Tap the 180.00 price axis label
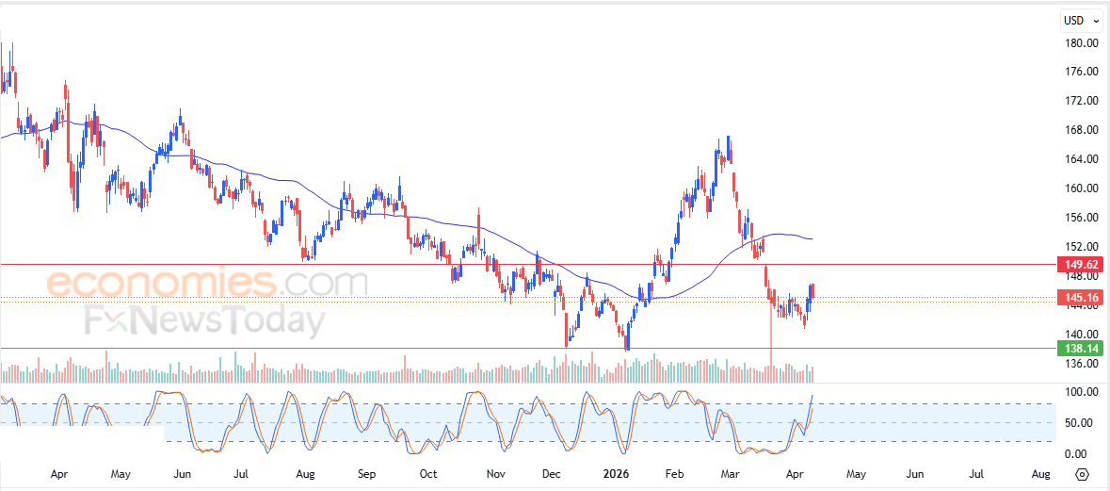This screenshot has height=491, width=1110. [1082, 43]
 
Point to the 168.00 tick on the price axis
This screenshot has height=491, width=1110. [1082, 130]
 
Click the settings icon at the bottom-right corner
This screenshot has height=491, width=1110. [1082, 473]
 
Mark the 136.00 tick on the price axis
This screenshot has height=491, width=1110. [1082, 364]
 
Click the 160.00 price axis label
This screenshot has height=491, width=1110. [1082, 188]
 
